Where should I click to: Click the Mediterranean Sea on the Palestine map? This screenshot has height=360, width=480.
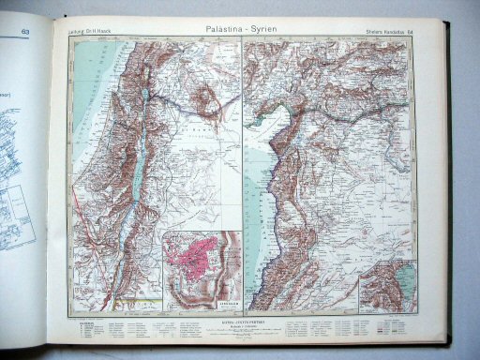84,122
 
